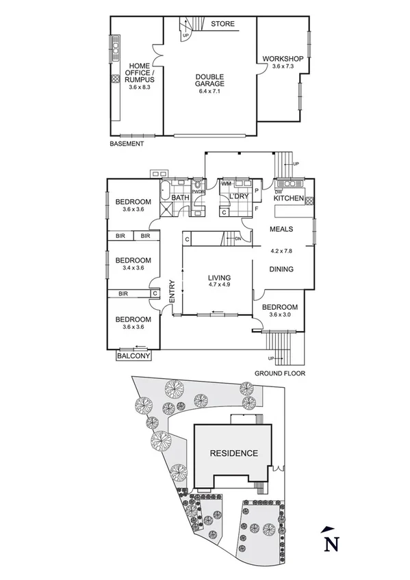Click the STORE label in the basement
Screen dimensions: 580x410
click(222, 24)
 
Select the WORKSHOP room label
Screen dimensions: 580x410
click(283, 60)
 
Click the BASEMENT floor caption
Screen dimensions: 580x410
click(127, 144)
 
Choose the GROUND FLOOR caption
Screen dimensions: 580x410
click(280, 373)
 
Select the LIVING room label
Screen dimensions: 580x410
click(220, 278)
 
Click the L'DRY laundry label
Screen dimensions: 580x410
click(235, 198)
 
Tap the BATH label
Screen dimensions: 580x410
click(180, 198)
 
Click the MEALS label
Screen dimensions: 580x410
click(281, 230)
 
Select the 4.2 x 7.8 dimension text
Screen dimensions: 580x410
click(281, 250)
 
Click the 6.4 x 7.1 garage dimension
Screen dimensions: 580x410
click(210, 90)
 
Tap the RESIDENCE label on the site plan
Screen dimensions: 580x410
click(233, 453)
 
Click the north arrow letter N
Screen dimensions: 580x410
click(331, 544)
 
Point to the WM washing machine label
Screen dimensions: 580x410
click(226, 183)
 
